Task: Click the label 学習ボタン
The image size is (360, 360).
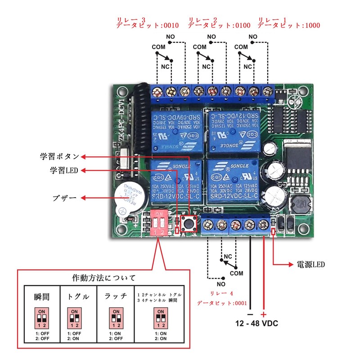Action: [59, 157]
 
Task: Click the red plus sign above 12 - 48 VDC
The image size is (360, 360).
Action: [264, 314]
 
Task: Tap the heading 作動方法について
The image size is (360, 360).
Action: [104, 277]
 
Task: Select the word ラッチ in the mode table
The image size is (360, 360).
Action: [116, 297]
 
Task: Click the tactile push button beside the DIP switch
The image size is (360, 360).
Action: [189, 224]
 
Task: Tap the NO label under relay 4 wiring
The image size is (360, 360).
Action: [220, 284]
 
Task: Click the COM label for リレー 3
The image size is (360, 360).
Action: [158, 47]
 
